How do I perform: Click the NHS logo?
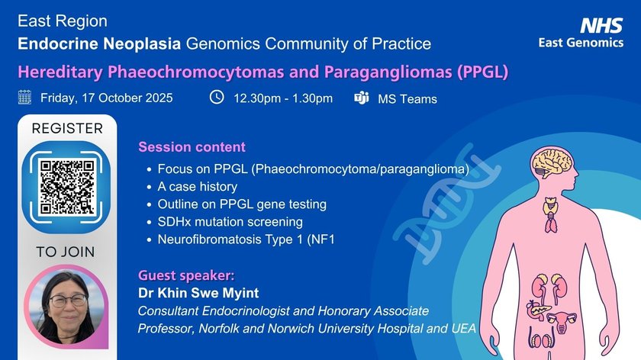[601, 25]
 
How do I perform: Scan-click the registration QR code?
[67, 187]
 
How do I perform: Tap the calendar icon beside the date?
[24, 98]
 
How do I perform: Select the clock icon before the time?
[217, 98]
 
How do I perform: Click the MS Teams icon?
[362, 98]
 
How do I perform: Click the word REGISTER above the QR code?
[67, 128]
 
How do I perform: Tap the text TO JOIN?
[66, 252]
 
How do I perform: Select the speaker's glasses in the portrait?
[68, 301]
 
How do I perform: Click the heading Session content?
[192, 146]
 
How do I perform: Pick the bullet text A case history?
[198, 187]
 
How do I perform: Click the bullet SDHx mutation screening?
[230, 222]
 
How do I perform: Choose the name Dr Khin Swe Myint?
[198, 293]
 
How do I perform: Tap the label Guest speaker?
[186, 275]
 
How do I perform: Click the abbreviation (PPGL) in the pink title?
[483, 72]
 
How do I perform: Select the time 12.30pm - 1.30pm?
[283, 98]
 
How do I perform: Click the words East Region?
[63, 21]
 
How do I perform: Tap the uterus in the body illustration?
[562, 321]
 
